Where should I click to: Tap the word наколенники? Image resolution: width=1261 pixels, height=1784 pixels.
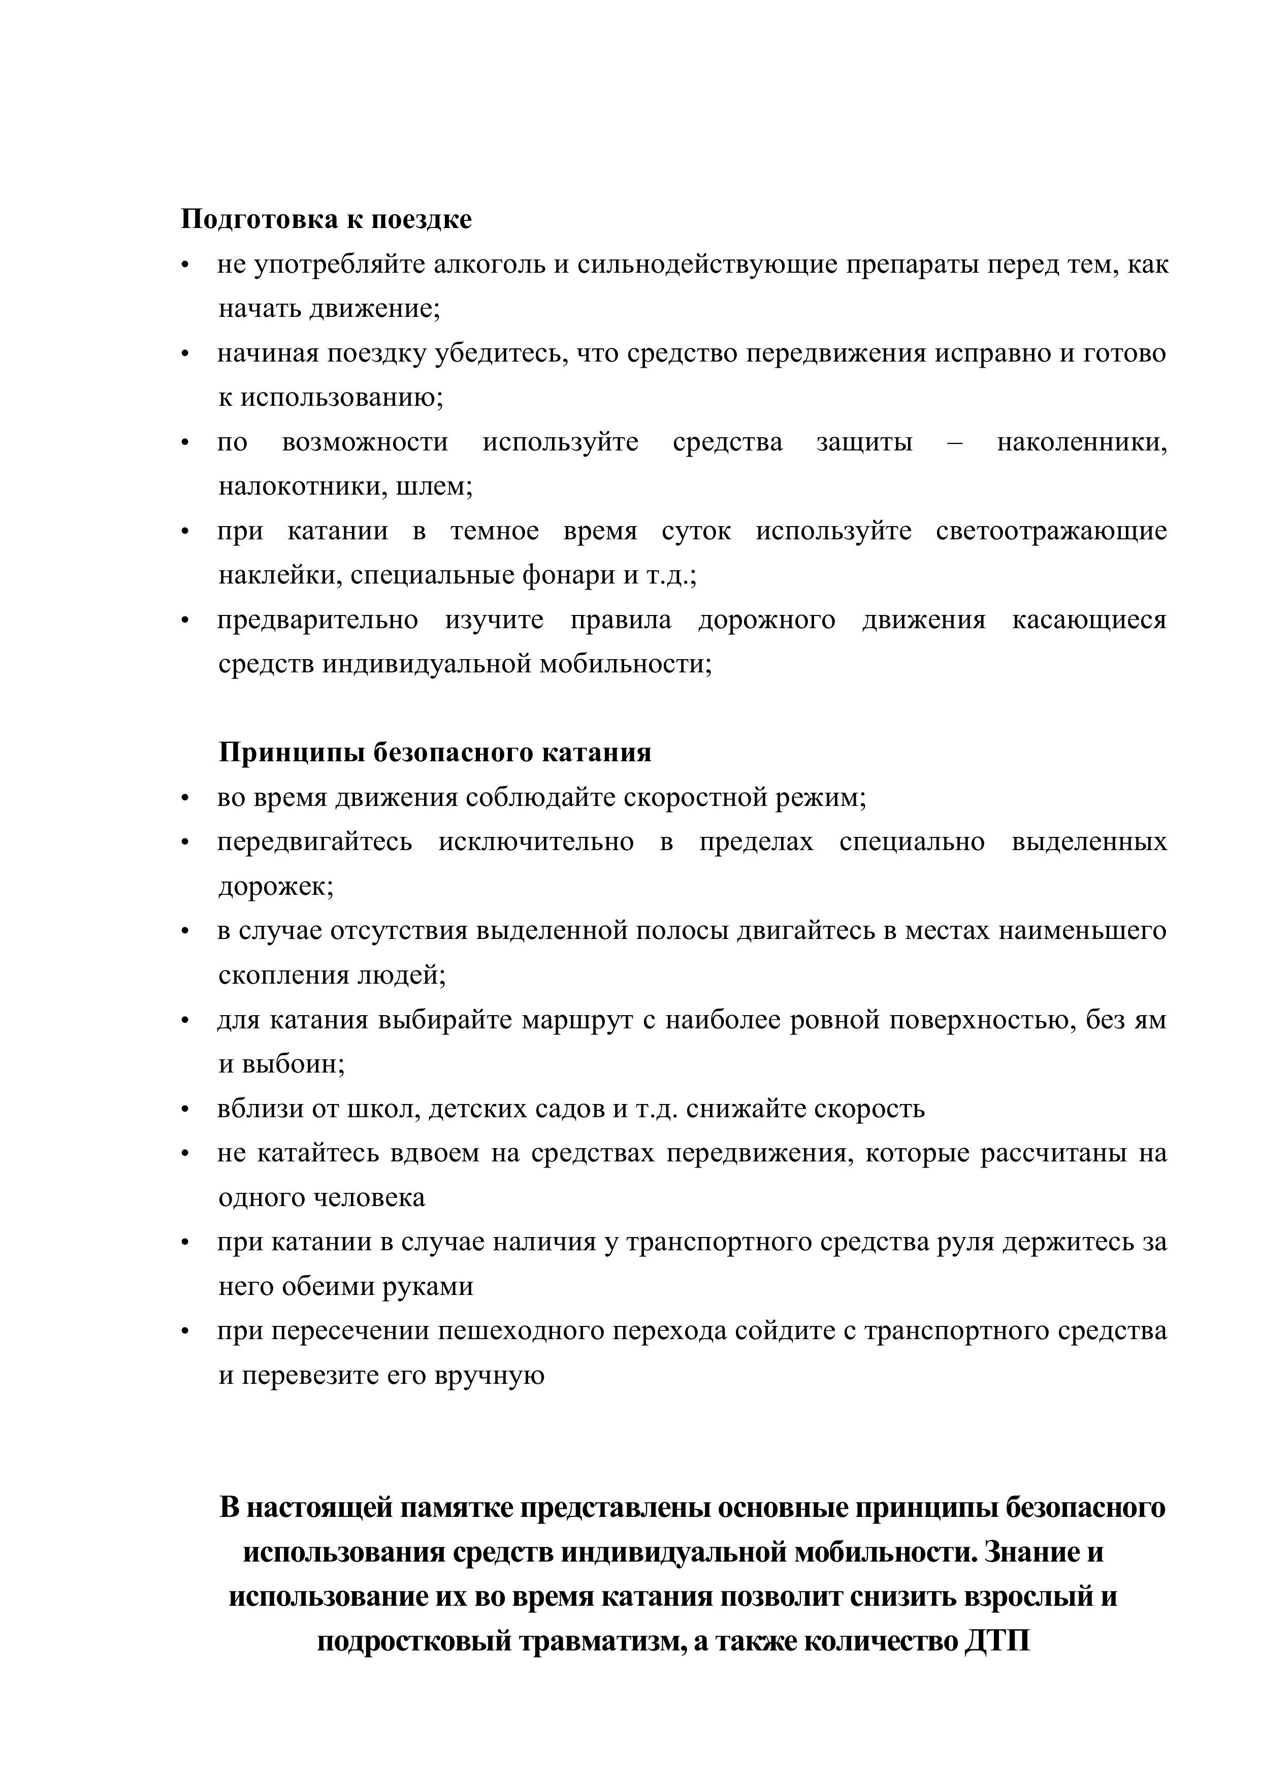(1082, 442)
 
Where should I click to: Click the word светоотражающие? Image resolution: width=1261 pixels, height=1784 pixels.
(1051, 532)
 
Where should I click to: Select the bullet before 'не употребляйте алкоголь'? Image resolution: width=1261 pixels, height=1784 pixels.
(185, 266)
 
